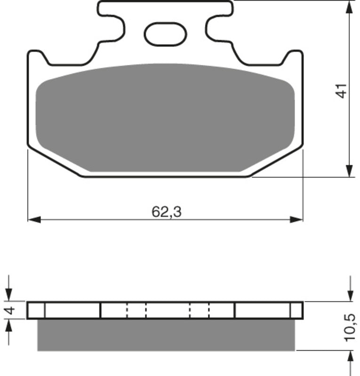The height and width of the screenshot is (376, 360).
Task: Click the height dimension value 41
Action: [x=343, y=91]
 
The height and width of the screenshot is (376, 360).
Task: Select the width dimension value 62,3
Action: [x=166, y=212]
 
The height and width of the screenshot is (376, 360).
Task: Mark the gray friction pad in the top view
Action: [x=165, y=117]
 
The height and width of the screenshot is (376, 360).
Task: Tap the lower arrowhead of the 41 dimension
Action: [x=349, y=171]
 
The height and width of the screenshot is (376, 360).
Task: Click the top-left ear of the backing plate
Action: [x=37, y=56]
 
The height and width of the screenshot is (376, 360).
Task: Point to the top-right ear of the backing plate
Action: [x=294, y=56]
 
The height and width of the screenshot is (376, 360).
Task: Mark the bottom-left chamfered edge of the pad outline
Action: [x=54, y=162]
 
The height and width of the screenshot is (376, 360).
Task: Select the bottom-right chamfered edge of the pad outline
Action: [x=278, y=162]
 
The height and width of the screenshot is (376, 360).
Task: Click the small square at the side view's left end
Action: [x=36, y=310]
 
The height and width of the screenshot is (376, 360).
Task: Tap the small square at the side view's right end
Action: [x=296, y=310]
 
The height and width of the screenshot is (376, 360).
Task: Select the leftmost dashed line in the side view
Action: [x=127, y=310]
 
